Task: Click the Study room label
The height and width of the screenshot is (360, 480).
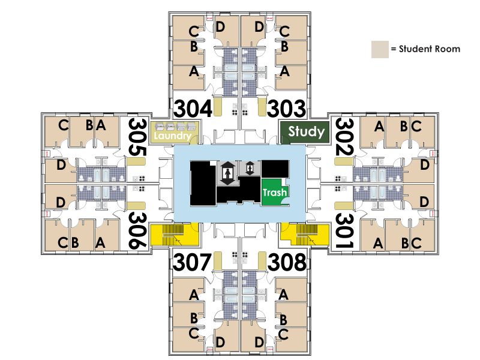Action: (306, 132)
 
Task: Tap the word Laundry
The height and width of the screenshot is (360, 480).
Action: (172, 136)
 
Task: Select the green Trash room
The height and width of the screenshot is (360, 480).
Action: (274, 192)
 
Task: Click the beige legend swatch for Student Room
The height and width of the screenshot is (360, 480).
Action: (379, 50)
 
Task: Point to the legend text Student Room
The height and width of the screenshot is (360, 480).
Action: (429, 49)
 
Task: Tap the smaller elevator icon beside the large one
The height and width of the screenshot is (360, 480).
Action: (249, 169)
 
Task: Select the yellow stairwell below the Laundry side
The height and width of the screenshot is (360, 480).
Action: (174, 235)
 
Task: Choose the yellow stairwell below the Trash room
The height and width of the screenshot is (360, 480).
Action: (306, 235)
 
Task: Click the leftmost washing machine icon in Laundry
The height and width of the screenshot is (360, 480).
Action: (160, 127)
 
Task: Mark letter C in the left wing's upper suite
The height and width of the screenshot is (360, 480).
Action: (63, 125)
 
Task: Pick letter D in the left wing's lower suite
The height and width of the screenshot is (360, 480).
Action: (60, 202)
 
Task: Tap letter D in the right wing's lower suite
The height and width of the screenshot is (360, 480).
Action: (424, 202)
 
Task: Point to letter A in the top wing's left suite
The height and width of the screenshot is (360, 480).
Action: (193, 72)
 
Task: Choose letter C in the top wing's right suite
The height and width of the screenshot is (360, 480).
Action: (285, 31)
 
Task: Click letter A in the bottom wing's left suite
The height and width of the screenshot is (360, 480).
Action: (193, 295)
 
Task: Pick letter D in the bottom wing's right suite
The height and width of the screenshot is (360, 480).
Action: (259, 342)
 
